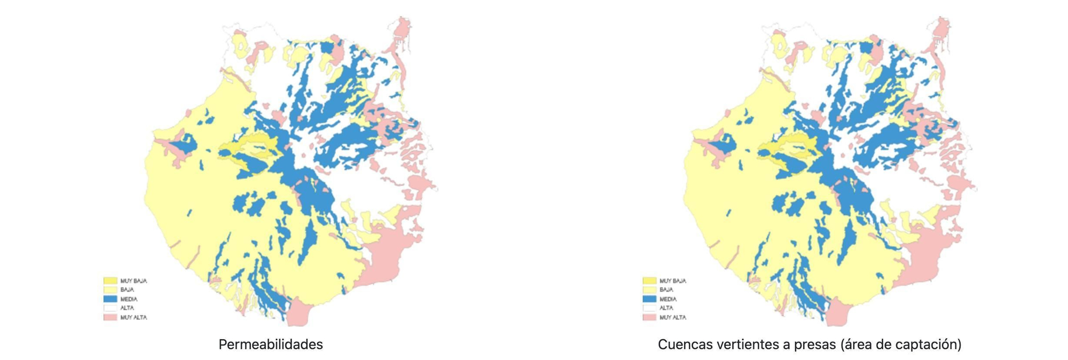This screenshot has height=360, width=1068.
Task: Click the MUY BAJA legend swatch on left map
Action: click(110, 280)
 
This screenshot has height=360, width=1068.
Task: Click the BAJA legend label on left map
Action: click(127, 289)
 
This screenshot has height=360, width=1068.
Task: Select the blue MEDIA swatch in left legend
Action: click(110, 299)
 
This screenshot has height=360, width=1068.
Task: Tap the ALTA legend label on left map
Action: click(127, 308)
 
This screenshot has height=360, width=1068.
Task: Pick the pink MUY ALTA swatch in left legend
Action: click(110, 317)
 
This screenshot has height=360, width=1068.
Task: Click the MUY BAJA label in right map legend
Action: click(672, 280)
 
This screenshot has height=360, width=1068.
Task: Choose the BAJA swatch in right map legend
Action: click(649, 289)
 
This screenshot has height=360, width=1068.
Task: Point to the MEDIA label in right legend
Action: click(668, 299)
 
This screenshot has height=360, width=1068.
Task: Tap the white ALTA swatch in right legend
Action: click(649, 308)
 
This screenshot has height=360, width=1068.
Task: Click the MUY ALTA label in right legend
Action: click(672, 317)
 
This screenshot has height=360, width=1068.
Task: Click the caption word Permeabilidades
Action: click(271, 345)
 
